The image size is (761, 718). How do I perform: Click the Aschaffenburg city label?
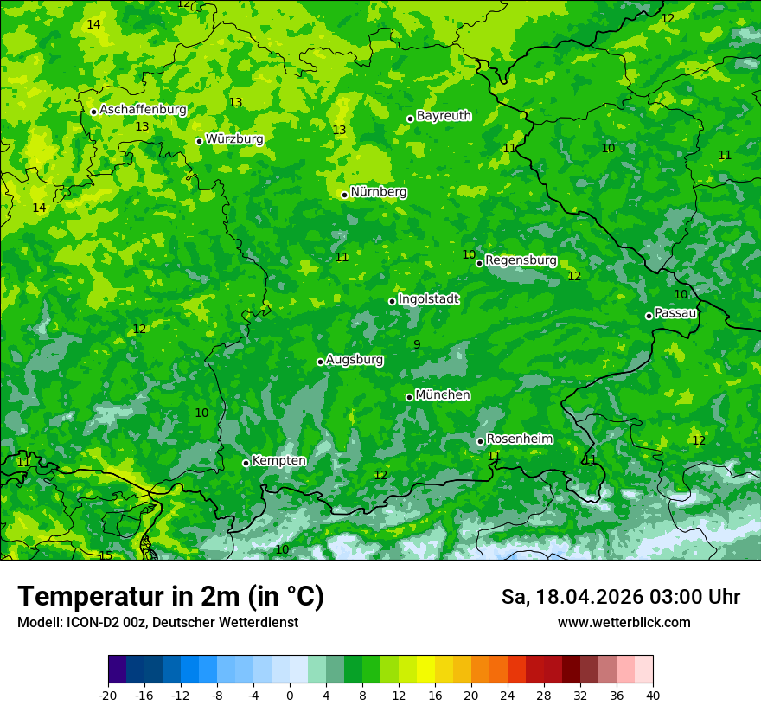tap(143, 110)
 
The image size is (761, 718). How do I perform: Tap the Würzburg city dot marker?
tap(199, 141)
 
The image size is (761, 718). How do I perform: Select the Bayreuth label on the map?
tap(444, 116)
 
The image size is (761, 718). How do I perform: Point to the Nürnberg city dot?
tap(344, 195)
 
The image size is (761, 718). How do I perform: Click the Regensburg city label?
tap(521, 260)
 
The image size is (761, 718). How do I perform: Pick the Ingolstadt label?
tap(428, 299)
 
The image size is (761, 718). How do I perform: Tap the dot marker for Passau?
tap(649, 316)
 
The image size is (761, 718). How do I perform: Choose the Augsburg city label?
tap(355, 360)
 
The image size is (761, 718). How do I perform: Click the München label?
tap(443, 395)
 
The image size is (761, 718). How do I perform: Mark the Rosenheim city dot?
tap(480, 441)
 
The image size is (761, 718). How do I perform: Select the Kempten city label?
tap(278, 461)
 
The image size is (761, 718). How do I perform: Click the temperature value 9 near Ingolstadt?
tap(417, 344)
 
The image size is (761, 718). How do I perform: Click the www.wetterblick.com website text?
tap(624, 623)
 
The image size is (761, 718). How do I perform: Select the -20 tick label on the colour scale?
tap(108, 696)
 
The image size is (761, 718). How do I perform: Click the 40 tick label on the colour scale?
tap(653, 696)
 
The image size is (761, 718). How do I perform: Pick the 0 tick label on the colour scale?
tap(290, 696)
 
